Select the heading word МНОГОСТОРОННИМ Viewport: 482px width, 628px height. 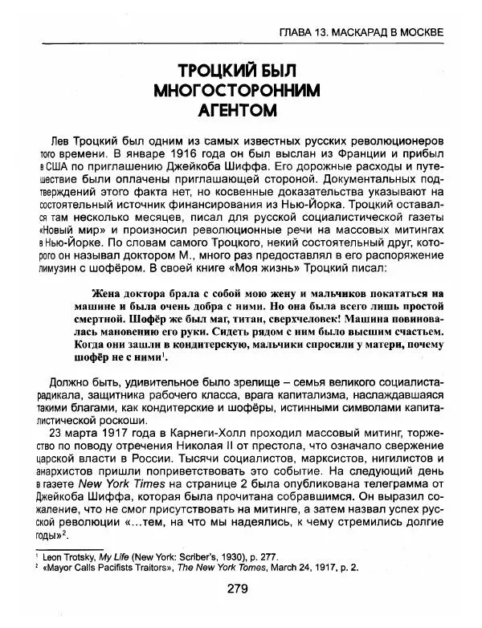[x=240, y=87]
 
